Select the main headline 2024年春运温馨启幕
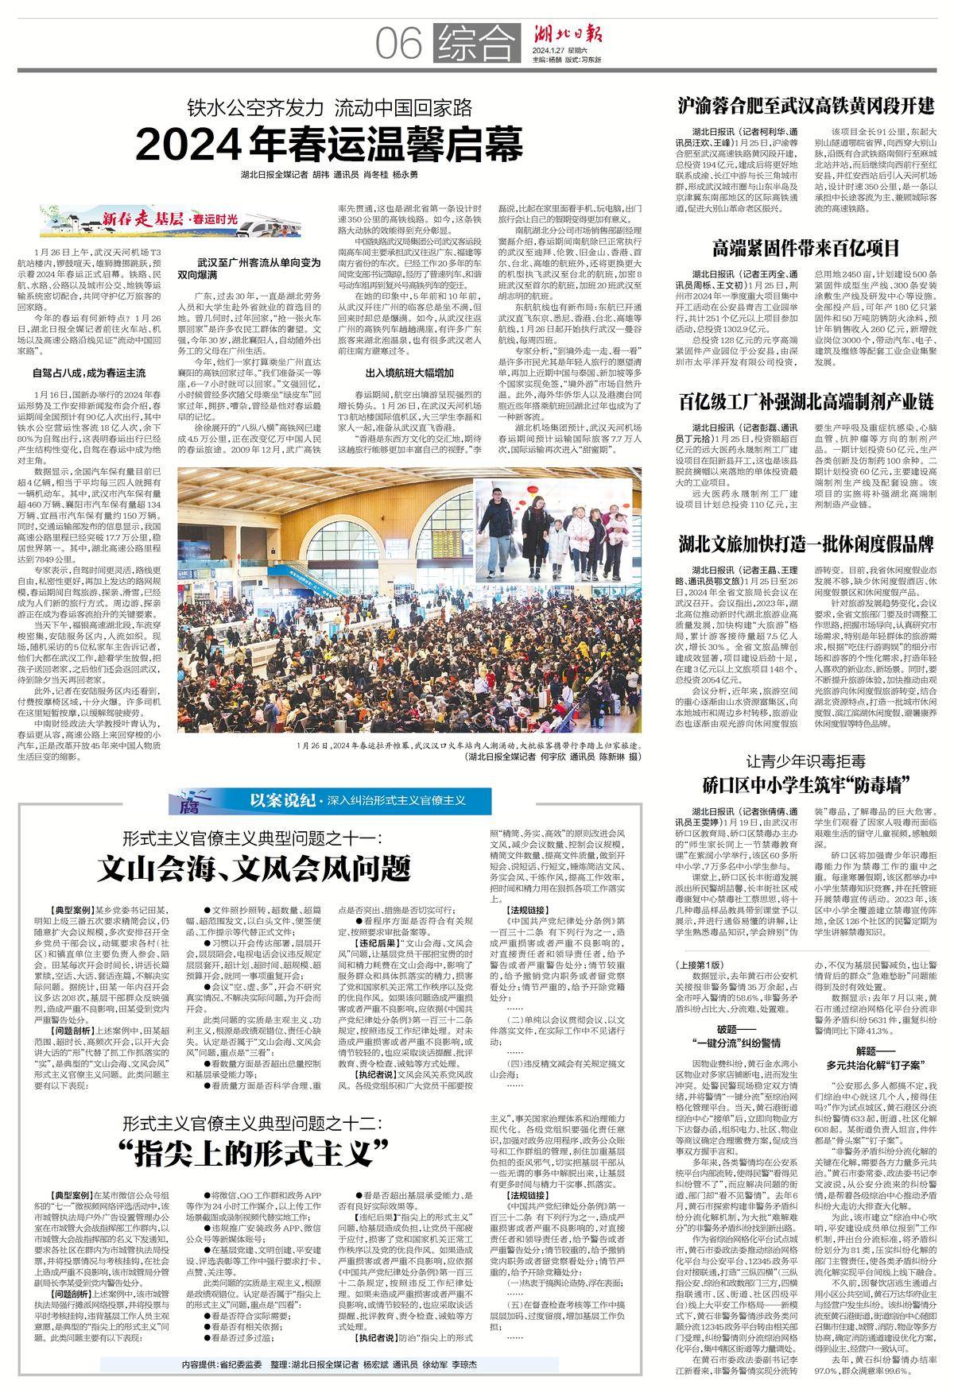coord(330,145)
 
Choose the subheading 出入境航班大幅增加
coord(409,373)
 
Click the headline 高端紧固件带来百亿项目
coord(805,246)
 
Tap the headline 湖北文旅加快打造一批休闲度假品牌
coord(806,544)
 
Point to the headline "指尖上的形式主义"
coord(253,1151)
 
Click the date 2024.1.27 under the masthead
coord(553,53)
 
